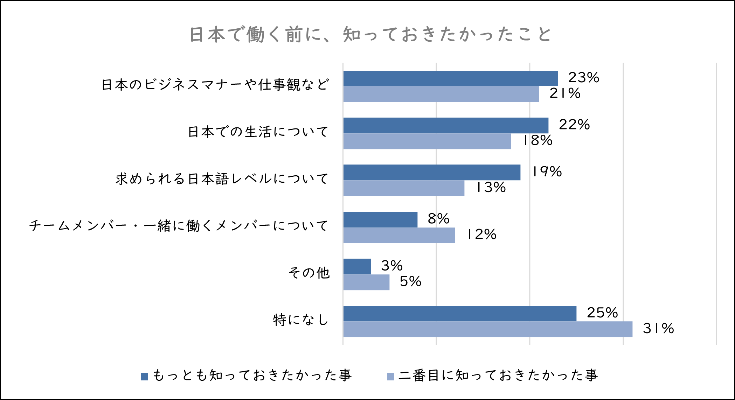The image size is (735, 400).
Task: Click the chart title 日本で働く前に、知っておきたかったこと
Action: tap(370, 35)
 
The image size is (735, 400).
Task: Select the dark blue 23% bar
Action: tap(450, 78)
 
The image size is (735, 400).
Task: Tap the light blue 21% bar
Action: tap(441, 94)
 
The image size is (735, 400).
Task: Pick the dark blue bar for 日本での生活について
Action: tap(446, 125)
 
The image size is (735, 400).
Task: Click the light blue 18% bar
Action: tap(427, 141)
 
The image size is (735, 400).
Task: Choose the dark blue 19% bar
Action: tap(432, 173)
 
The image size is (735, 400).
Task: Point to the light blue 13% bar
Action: tap(404, 188)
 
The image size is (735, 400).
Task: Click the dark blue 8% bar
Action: tap(380, 219)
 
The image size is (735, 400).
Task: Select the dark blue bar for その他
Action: tap(357, 267)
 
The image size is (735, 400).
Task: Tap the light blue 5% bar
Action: tap(366, 282)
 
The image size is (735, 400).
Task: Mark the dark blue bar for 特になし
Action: tap(460, 314)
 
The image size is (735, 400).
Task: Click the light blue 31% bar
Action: tap(488, 329)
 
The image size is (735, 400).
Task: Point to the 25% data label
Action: tap(602, 313)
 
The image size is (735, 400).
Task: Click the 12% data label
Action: tap(481, 234)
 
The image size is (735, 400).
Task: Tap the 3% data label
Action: tap(392, 266)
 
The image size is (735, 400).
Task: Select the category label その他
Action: tap(309, 273)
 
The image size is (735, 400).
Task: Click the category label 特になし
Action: tap(301, 320)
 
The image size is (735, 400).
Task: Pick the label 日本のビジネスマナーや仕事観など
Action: tap(215, 85)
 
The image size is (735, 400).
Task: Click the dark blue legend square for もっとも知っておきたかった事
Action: tap(144, 377)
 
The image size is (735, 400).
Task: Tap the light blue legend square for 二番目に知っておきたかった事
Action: tap(390, 377)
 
